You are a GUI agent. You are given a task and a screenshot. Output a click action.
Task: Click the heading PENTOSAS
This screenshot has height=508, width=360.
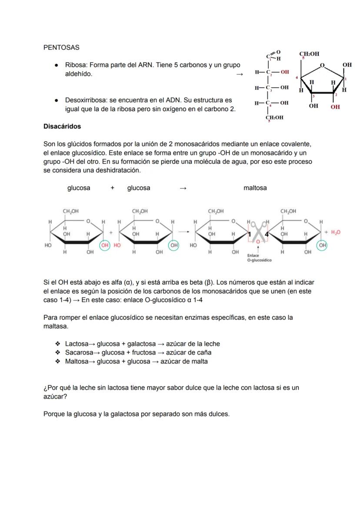pyautogui.click(x=61, y=47)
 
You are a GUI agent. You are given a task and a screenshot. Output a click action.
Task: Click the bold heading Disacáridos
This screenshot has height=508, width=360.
pyautogui.click(x=62, y=126)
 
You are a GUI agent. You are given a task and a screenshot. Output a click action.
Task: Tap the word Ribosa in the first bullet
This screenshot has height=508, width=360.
pyautogui.click(x=76, y=65)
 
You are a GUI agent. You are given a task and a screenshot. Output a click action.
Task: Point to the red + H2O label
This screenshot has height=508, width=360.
pyautogui.click(x=333, y=232)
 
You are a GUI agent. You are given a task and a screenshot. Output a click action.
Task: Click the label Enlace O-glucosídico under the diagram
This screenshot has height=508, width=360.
pyautogui.click(x=259, y=258)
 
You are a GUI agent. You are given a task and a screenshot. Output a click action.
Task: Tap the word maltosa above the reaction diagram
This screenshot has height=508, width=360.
pyautogui.click(x=255, y=188)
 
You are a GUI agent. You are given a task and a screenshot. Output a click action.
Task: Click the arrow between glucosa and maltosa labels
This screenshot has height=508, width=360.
pyautogui.click(x=183, y=188)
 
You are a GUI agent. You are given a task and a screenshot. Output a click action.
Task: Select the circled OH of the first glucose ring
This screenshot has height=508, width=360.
pyautogui.click(x=105, y=245)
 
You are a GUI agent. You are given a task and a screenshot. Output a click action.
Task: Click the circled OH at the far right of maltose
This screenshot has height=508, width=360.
pyautogui.click(x=322, y=245)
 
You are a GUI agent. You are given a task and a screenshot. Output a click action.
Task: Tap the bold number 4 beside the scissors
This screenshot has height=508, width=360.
pyautogui.click(x=267, y=235)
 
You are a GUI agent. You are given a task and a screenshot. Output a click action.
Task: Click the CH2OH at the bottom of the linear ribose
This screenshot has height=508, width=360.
pyautogui.click(x=274, y=117)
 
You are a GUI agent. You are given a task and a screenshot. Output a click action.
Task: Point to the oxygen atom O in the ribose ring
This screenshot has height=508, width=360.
pyautogui.click(x=322, y=65)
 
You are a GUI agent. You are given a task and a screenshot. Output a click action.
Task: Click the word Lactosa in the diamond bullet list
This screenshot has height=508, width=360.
pyautogui.click(x=77, y=344)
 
